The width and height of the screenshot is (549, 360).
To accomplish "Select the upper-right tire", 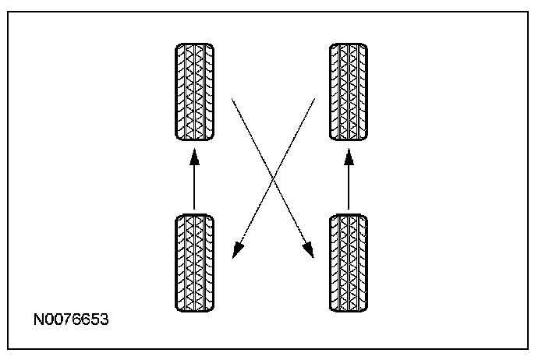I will [x=349, y=92].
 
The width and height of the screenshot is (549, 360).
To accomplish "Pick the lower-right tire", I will [x=349, y=263].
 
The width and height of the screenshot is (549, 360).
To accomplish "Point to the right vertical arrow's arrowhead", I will [x=349, y=158].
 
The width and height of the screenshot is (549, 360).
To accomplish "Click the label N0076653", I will [x=70, y=321].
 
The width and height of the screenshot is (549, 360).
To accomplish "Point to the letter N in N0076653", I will [x=38, y=321].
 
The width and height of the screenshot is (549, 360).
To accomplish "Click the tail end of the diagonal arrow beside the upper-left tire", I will [x=232, y=99].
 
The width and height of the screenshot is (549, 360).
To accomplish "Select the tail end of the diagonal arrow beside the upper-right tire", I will [x=314, y=99].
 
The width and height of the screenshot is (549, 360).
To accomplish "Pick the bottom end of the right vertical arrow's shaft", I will [x=349, y=209].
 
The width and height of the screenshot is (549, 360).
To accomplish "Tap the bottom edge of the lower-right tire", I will [x=349, y=312].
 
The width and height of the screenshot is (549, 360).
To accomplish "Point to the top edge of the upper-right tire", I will [x=349, y=44].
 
